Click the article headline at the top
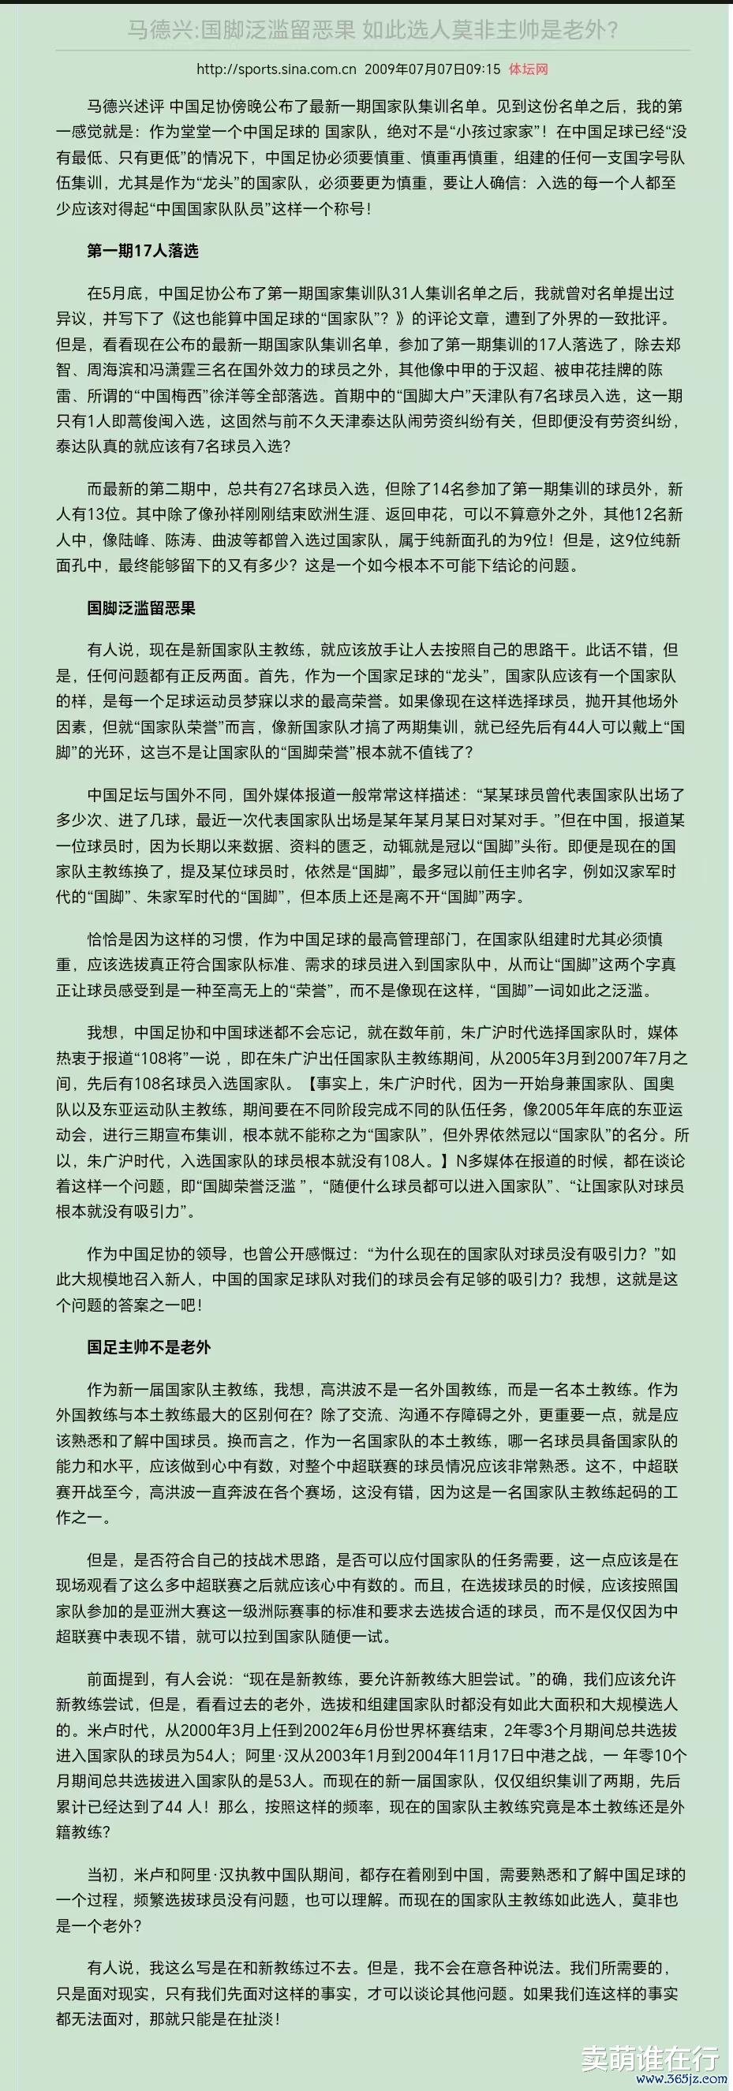pyautogui.click(x=372, y=31)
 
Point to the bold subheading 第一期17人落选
pyautogui.click(x=143, y=251)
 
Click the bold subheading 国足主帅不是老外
pyautogui.click(x=148, y=1347)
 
